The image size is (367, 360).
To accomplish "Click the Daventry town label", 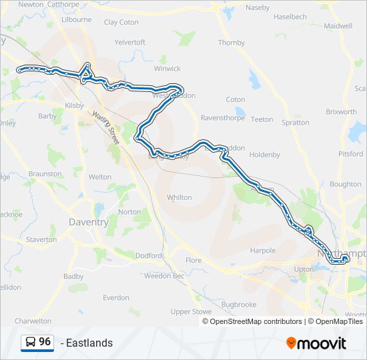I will coord(88,222).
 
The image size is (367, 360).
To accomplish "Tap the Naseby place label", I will coord(257,7).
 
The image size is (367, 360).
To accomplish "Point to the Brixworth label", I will coord(341,112).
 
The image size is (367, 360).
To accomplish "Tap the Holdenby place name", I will coord(264,155).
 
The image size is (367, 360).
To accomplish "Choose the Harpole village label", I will coord(262,251).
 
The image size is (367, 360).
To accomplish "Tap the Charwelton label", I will coord(33,321).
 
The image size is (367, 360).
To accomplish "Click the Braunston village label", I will coord(45,173).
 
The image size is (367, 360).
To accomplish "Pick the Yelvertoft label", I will coord(129,42).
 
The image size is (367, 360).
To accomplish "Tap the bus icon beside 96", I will coord(31,342).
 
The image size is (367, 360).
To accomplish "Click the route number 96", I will coord(45,341).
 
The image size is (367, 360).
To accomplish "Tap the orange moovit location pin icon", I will coord(291,343).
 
